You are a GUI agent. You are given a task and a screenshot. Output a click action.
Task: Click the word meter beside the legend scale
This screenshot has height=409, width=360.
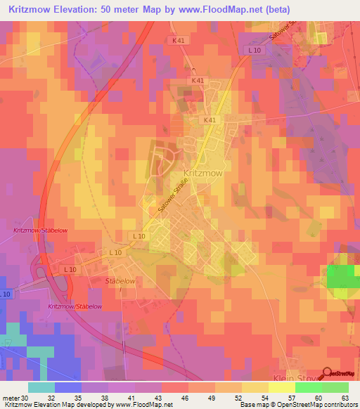(11, 397)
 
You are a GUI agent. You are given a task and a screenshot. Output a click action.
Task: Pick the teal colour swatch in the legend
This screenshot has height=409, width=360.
(41, 387)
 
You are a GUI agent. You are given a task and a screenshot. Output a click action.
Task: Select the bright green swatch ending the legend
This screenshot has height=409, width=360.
(335, 387)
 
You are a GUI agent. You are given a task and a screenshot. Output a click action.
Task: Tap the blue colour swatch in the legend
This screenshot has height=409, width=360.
(68, 387)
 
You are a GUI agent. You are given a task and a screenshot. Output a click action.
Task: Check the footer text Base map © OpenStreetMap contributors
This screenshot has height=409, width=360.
(297, 405)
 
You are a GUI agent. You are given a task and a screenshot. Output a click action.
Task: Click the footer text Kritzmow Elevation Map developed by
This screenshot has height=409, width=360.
(58, 405)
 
